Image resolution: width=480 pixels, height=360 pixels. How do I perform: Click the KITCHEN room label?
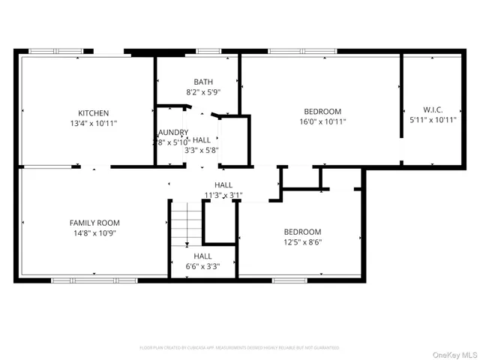(x=94, y=112)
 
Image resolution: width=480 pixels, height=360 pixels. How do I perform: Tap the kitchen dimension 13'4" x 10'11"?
(x=94, y=122)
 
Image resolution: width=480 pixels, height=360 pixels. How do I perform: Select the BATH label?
(x=202, y=82)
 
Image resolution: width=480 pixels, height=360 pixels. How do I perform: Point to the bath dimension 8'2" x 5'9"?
(x=202, y=92)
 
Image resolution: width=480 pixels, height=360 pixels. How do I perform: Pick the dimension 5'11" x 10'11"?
(x=433, y=119)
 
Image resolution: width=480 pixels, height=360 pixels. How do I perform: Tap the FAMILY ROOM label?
(x=94, y=223)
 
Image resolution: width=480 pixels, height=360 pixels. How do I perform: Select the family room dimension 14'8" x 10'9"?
(x=94, y=232)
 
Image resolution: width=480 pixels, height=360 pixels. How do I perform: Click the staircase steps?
(x=187, y=223)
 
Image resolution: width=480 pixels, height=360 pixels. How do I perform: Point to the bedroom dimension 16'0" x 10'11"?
(x=322, y=121)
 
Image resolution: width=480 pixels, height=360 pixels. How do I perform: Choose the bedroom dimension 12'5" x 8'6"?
(x=302, y=242)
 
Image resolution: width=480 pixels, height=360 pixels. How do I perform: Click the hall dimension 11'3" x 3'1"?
(x=223, y=195)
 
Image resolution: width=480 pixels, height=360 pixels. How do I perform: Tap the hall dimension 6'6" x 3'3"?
(x=202, y=266)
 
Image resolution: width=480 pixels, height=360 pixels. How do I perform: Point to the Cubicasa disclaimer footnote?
(x=239, y=348)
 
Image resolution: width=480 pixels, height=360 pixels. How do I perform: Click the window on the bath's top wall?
(x=208, y=52)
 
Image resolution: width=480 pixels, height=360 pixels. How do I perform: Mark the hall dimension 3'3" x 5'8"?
(x=202, y=149)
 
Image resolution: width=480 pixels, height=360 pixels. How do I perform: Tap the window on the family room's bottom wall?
(x=74, y=280)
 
